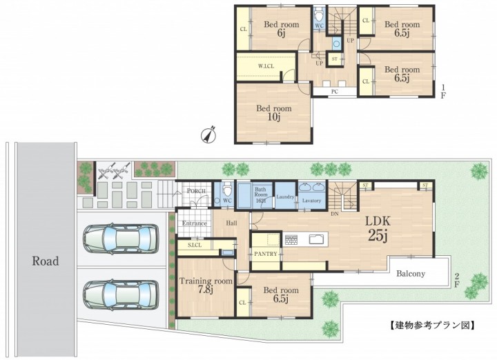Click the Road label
pyautogui.click(x=46, y=261)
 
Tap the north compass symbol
pyautogui.click(x=209, y=134)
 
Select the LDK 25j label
pyautogui.click(x=378, y=228)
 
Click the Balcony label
pyautogui.click(x=411, y=274)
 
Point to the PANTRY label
pyautogui.click(x=266, y=254)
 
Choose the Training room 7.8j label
pyautogui.click(x=206, y=285)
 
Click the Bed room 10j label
pyautogui.click(x=274, y=112)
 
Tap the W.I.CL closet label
pyautogui.click(x=266, y=66)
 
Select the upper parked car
pyautogui.click(x=120, y=239)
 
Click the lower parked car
pyautogui.click(x=120, y=294)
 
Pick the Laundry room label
pyautogui.click(x=285, y=197)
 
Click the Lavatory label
pyautogui.click(x=311, y=201)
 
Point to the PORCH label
pyautogui.click(x=196, y=191)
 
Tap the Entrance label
pyautogui.click(x=194, y=223)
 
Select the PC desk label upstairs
pyautogui.click(x=335, y=92)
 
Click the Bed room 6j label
pyautogui.click(x=282, y=28)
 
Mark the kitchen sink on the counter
pyautogui.click(x=318, y=239)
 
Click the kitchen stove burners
pyautogui.click(x=291, y=239)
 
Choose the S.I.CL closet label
pyautogui.click(x=195, y=246)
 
